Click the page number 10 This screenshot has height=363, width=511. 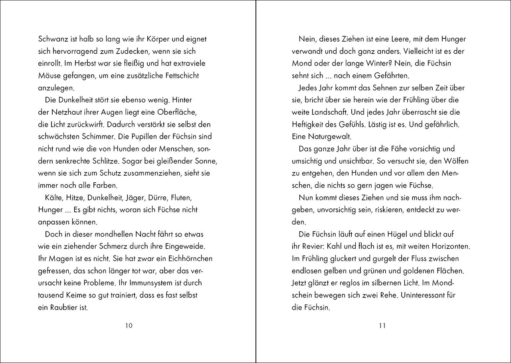[x=129, y=325]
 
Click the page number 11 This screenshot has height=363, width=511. [x=382, y=325]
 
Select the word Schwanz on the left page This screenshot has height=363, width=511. [x=52, y=39]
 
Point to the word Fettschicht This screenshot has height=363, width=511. [x=178, y=76]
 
